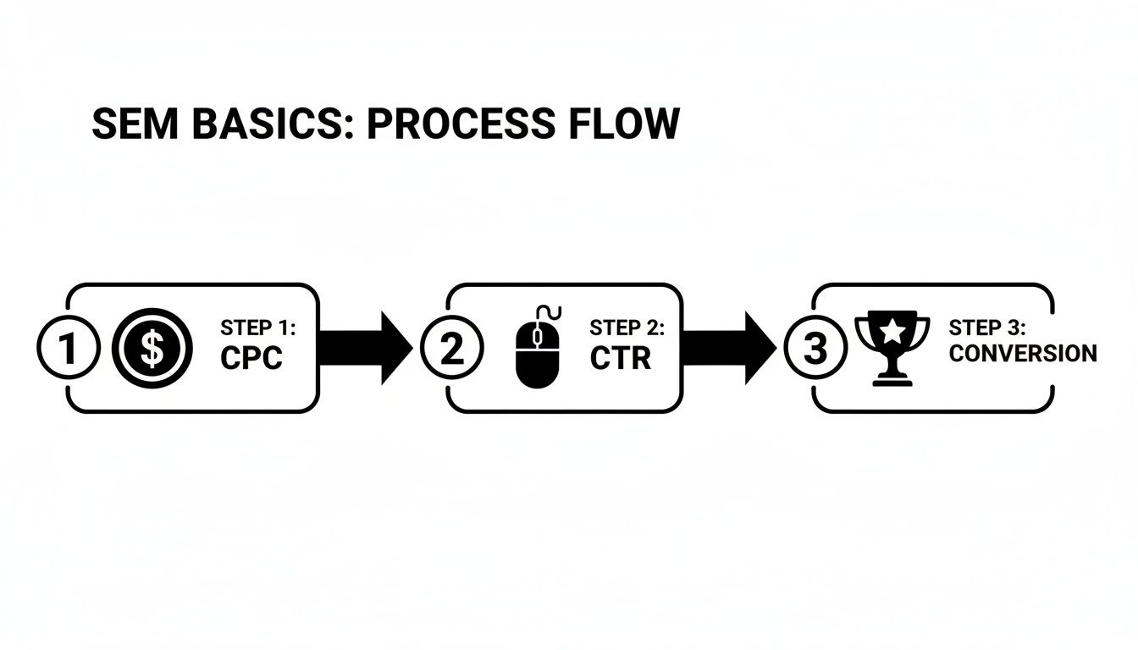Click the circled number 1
(68, 349)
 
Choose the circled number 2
(452, 349)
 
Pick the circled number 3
(815, 349)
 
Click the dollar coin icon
(152, 349)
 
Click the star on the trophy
(892, 331)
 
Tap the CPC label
(251, 358)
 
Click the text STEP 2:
(627, 328)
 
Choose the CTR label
(621, 358)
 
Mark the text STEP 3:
(986, 328)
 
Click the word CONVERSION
(1022, 354)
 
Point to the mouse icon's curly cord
(549, 312)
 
